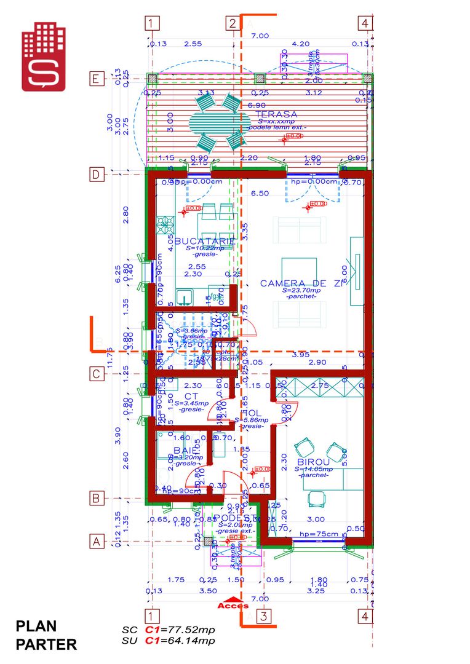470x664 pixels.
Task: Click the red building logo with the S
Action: click(x=44, y=57)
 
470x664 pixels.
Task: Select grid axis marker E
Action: click(x=96, y=79)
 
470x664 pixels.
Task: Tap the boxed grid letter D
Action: click(x=96, y=175)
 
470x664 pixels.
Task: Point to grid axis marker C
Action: click(x=96, y=373)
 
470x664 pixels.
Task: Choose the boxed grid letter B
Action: click(x=96, y=498)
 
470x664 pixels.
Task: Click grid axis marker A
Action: click(x=96, y=542)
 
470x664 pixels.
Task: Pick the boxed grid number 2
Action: click(x=233, y=24)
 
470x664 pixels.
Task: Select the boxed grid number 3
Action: click(x=263, y=616)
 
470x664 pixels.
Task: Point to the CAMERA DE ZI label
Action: click(x=300, y=283)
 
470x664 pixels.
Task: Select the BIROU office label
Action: click(x=313, y=462)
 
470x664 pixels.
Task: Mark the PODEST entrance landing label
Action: click(x=234, y=518)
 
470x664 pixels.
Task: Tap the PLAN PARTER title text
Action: click(x=46, y=635)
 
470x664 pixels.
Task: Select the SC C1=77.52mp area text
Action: click(x=168, y=630)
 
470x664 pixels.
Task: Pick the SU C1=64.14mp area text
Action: click(x=168, y=641)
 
